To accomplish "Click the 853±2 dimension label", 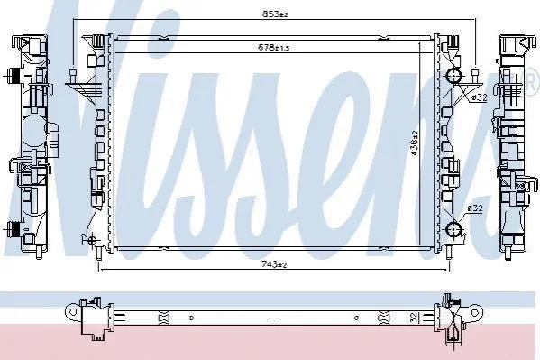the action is pyautogui.click(x=275, y=14).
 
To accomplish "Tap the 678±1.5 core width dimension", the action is pyautogui.click(x=274, y=47).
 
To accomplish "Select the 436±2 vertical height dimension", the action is pyautogui.click(x=415, y=143).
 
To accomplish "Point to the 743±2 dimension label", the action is pyautogui.click(x=274, y=264).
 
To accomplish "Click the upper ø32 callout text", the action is pyautogui.click(x=479, y=97).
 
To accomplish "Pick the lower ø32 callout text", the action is pyautogui.click(x=475, y=208).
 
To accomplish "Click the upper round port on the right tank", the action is pyautogui.click(x=453, y=76).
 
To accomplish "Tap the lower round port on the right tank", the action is pyautogui.click(x=453, y=229).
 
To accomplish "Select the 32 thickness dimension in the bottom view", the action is pyautogui.click(x=415, y=317).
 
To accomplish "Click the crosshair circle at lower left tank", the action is pyautogui.click(x=92, y=240).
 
